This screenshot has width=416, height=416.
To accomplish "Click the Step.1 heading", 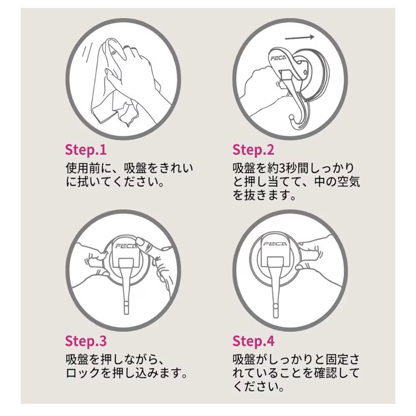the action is [86, 149].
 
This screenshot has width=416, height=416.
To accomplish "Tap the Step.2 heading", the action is [253, 149].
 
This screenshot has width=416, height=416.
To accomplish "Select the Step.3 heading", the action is [86, 341].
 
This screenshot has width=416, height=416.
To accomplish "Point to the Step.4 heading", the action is [253, 341].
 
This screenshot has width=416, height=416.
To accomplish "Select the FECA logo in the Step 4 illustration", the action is [275, 243].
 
